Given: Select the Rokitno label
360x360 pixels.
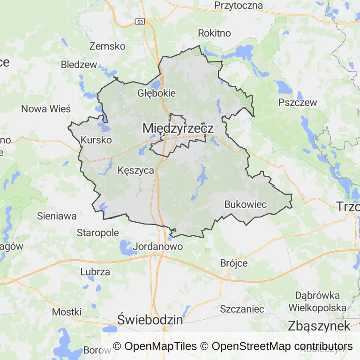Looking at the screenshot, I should (215, 33).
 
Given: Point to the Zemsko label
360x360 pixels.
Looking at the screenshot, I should (107, 46).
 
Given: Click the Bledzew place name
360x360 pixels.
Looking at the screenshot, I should (79, 65).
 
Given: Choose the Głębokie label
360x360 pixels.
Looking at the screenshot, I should (157, 93).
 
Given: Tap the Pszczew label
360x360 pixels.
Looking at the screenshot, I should (298, 103).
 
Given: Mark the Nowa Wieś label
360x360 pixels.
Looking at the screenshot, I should (46, 109).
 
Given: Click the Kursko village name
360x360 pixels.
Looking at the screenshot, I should (96, 140).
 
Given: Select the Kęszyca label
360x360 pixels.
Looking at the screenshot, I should (136, 171).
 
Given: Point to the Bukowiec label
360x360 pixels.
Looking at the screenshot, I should (246, 204).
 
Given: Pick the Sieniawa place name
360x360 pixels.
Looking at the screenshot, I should (57, 216).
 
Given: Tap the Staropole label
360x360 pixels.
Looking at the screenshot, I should (98, 232).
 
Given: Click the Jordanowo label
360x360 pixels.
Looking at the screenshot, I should (158, 246).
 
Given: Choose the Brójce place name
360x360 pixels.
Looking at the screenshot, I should (234, 263).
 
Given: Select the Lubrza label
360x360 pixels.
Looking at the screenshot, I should (95, 272).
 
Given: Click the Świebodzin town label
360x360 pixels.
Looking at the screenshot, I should (150, 320).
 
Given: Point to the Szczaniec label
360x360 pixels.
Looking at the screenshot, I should (242, 309).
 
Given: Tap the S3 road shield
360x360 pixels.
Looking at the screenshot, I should (140, 22).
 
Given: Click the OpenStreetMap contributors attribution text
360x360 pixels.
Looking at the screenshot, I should (282, 346).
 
